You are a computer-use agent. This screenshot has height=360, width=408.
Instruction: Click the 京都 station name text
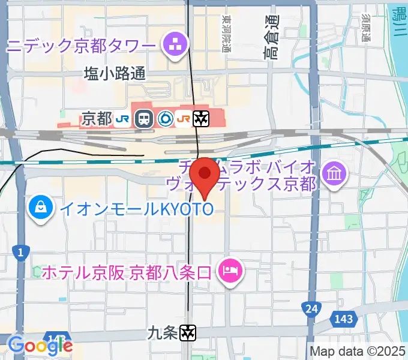point(97,119)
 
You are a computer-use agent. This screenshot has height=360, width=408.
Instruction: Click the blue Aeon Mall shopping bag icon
point(41,208)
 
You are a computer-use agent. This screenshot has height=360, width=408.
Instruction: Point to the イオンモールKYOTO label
point(134,209)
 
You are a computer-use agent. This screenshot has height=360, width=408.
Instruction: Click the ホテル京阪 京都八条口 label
point(127,272)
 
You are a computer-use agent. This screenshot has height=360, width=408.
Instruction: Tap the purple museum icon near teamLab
point(332,174)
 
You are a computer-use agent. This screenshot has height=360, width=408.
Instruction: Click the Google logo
point(40,345)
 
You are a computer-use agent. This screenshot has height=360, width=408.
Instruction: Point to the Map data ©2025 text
point(358,351)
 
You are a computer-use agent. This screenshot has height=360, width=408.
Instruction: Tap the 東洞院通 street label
point(226,34)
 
